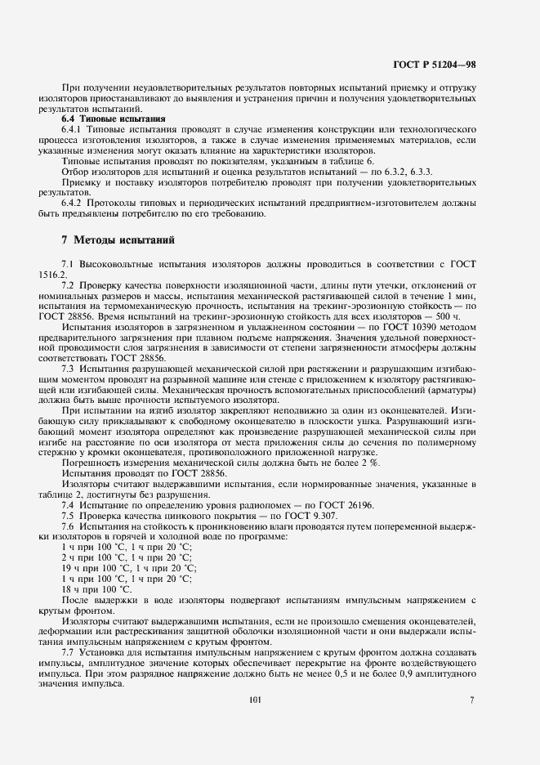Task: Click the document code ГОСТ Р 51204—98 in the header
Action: pyautogui.click(x=435, y=62)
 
